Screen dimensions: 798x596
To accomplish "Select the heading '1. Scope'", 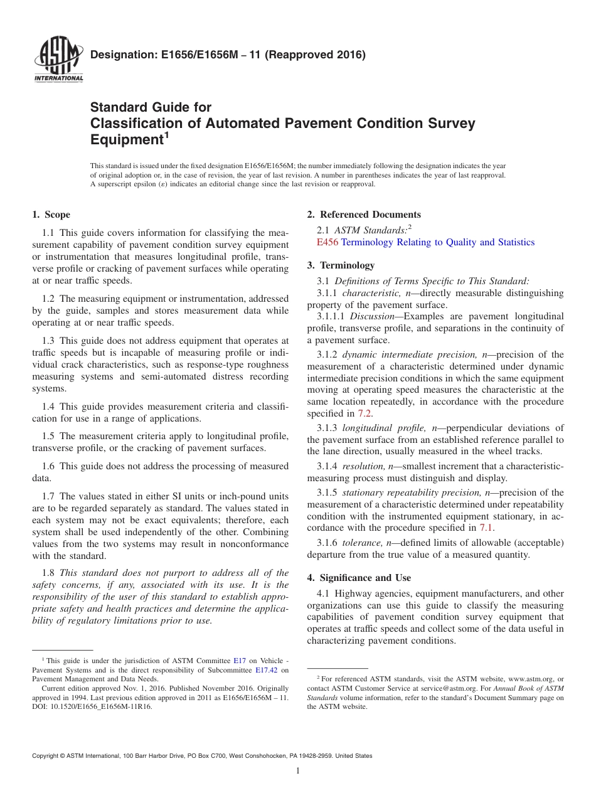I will pyautogui.click(x=51, y=215).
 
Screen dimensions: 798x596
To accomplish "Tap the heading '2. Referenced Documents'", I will pyautogui.click(x=364, y=215).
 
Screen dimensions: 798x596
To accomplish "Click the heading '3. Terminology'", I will pyautogui.click(x=341, y=265).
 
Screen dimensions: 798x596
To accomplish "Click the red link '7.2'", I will pyautogui.click(x=365, y=413).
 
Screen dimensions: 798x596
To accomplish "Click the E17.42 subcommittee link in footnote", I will pyautogui.click(x=267, y=670).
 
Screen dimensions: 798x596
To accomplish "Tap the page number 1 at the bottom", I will pyautogui.click(x=298, y=771).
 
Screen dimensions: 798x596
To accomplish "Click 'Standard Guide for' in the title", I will pyautogui.click(x=151, y=107).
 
